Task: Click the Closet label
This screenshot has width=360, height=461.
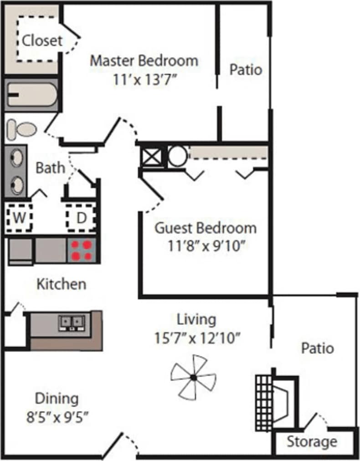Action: coord(42,41)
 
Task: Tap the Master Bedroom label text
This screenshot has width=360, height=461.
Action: coord(144,60)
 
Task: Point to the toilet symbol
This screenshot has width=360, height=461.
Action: coord(21,129)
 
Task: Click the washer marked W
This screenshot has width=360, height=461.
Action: coord(19,217)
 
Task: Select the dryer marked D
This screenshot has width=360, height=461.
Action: coord(81,218)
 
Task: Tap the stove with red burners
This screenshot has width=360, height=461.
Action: coord(82,250)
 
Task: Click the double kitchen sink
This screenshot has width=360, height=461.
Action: coord(72,322)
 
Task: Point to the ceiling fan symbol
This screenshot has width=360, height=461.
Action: coord(193,377)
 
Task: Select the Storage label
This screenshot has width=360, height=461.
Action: coord(312,441)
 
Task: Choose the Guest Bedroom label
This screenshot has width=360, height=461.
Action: coord(206,227)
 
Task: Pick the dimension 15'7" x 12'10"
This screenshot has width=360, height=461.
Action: coord(197,338)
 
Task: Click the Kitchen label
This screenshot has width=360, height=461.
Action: coord(61,284)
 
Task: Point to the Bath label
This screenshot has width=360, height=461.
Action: coord(50,168)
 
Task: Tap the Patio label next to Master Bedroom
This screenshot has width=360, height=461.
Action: coord(246,70)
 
